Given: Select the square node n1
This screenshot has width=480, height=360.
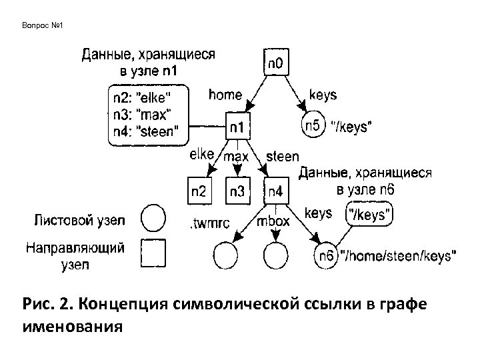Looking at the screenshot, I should [x=238, y=125].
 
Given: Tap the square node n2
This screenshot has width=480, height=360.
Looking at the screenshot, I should [x=199, y=191].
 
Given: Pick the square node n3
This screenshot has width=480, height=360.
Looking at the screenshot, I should [x=237, y=191].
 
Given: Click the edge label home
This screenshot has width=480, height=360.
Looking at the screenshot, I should [x=225, y=95].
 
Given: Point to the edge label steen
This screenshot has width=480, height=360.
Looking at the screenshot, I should [x=282, y=157].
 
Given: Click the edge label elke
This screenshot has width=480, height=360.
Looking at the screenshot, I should [x=201, y=155].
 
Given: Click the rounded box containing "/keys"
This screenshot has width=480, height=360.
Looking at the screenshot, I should [x=371, y=215].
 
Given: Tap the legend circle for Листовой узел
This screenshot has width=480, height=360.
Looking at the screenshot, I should [x=155, y=217].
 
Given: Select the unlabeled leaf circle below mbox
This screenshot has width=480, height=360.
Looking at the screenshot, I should [x=275, y=255].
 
